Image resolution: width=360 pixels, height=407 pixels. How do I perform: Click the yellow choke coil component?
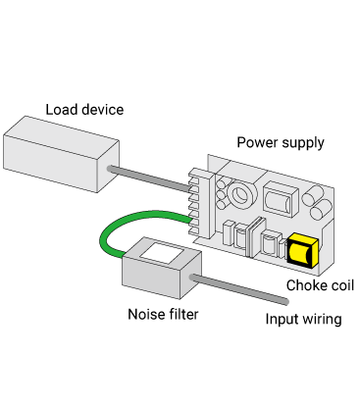click(x=302, y=250)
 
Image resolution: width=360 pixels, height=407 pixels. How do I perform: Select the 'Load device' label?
click(x=84, y=110)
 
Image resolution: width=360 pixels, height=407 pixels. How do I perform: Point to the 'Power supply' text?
click(x=281, y=143)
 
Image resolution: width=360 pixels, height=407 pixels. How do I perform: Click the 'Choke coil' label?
click(x=320, y=285)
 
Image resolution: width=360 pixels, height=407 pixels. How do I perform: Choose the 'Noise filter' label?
click(x=163, y=314)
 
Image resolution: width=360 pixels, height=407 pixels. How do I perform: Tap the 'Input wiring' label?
click(x=303, y=319)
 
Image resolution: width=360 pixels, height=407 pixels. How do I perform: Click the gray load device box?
click(x=61, y=154)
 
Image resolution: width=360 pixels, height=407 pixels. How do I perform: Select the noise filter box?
click(x=162, y=268)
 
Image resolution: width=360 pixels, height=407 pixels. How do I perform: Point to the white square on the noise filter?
click(x=162, y=253)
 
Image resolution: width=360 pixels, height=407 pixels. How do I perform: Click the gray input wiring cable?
click(x=239, y=289)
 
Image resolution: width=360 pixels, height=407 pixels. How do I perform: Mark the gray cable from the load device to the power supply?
click(x=149, y=178)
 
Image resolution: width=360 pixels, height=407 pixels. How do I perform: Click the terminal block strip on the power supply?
click(x=202, y=203)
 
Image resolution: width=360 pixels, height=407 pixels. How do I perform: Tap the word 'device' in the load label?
click(x=103, y=110)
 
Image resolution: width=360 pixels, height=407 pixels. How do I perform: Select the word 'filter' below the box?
click(x=183, y=314)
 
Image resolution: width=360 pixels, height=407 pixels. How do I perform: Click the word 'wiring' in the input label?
click(x=323, y=320)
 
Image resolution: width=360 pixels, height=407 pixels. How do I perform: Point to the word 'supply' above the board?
click(x=303, y=143)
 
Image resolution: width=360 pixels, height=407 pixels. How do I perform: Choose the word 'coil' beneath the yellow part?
click(x=342, y=285)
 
